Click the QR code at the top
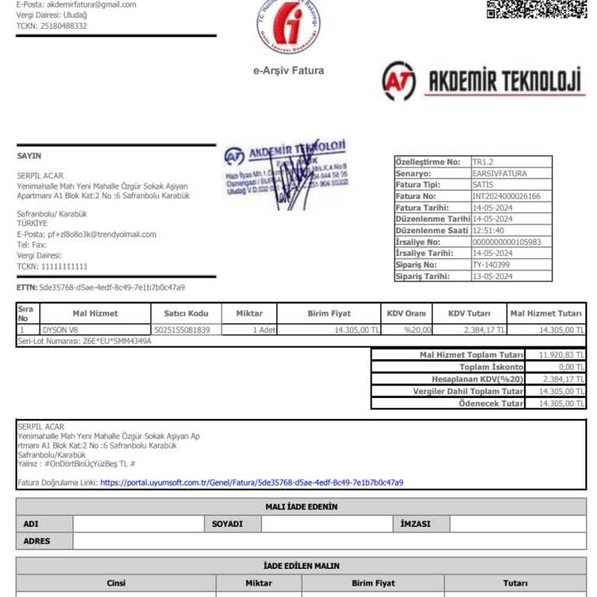536,9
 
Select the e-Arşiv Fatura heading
288,71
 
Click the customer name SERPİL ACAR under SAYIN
40,176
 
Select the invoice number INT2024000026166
506,197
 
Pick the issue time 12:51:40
488,231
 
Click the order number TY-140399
492,265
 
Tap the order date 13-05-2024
492,277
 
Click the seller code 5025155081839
182,330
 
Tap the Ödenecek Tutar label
491,403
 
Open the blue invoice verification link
252,483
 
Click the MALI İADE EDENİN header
301,507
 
